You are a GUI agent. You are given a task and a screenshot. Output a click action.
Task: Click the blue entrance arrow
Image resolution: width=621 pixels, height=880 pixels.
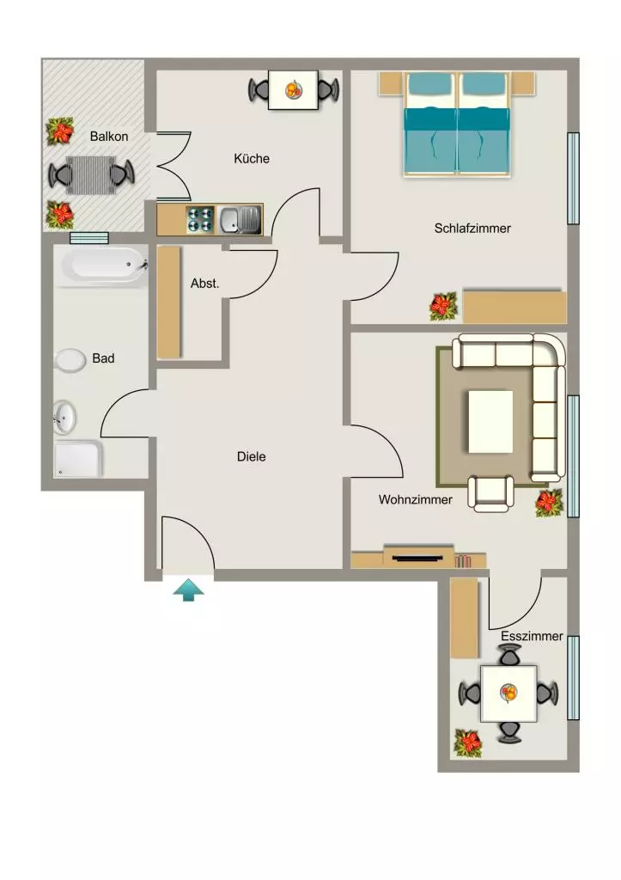click(188, 590)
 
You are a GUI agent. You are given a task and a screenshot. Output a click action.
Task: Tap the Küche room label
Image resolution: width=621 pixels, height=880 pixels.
click(252, 158)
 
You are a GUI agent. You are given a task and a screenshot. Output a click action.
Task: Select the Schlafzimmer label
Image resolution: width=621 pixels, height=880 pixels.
click(472, 228)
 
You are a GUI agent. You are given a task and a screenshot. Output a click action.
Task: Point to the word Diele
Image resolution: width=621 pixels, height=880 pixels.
click(252, 456)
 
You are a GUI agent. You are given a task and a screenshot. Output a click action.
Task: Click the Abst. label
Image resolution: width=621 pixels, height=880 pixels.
click(204, 284)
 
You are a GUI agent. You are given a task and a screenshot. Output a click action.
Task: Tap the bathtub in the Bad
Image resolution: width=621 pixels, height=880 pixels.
click(104, 266)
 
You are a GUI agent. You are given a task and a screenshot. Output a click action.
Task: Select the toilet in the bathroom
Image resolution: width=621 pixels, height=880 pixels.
click(69, 360)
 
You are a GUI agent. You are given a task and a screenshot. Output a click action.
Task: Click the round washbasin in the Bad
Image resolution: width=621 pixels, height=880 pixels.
click(64, 417)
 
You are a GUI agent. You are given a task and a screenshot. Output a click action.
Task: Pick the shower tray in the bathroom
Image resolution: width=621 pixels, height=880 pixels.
click(78, 459)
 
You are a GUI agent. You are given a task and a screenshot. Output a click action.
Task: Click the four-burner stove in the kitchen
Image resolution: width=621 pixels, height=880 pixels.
click(200, 219)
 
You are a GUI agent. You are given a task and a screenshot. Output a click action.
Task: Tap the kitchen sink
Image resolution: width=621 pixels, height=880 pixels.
click(240, 219)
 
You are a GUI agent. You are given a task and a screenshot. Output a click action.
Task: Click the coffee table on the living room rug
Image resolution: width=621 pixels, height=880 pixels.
click(490, 421)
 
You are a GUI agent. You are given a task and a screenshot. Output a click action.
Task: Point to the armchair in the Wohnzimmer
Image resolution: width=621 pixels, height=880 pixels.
click(490, 493)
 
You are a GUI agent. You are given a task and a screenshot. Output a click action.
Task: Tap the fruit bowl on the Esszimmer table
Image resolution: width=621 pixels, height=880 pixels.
click(509, 694)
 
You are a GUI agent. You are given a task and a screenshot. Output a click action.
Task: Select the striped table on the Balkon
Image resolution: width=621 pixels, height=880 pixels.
click(91, 175)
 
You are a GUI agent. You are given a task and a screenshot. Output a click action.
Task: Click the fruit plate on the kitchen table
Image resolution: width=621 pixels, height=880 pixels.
click(294, 89)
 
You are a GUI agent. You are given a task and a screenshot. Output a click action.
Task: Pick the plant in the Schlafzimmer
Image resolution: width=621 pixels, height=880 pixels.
click(443, 307)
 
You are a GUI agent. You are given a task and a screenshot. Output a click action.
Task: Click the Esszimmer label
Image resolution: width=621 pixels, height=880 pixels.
click(532, 636)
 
